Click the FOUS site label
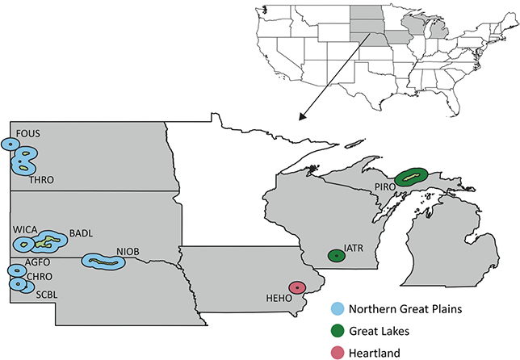coord(27,133)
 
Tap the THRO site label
coord(40,180)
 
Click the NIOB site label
coord(128,252)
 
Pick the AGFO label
coord(40,263)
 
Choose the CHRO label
coord(40,277)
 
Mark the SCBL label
coord(47,295)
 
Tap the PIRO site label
coord(386,187)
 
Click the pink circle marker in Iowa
coord(298,287)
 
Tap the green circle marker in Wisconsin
coord(335,256)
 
